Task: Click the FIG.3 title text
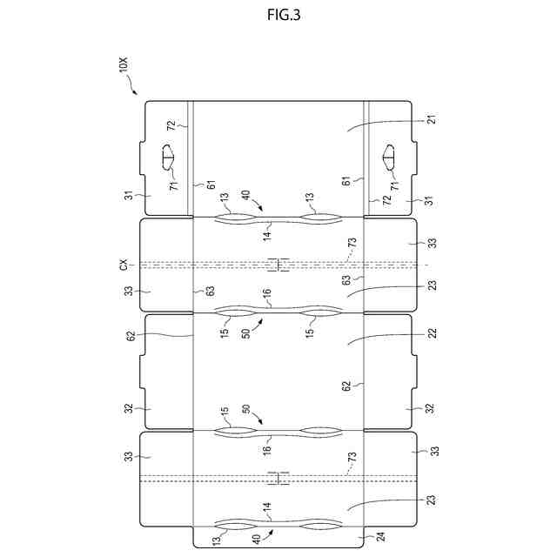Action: click(278, 15)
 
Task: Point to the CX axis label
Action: click(124, 264)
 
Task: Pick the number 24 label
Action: click(379, 537)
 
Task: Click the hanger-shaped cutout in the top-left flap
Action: click(169, 159)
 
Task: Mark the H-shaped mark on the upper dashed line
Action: click(278, 265)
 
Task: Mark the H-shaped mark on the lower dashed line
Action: click(278, 477)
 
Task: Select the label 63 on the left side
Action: click(210, 292)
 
